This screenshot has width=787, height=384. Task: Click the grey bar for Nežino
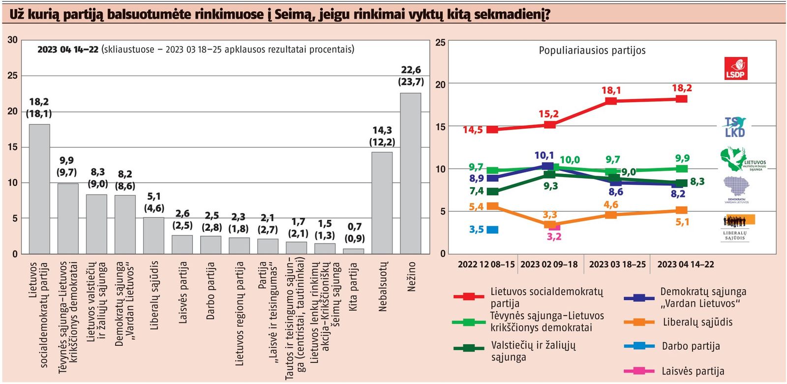[411, 173]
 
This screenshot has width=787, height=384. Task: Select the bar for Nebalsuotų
[382, 203]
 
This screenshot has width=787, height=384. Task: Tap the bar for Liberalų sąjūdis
[154, 236]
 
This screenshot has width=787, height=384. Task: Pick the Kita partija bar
[354, 251]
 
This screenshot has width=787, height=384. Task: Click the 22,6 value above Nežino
[411, 70]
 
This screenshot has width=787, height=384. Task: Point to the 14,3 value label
[382, 130]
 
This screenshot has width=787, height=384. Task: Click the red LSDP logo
[735, 68]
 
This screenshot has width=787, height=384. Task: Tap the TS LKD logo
[735, 127]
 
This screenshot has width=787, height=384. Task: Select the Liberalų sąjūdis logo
[735, 228]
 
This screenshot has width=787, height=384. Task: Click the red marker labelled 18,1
[611, 101]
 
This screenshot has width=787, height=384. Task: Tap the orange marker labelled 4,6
[611, 215]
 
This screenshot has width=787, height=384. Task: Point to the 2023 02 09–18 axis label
[549, 264]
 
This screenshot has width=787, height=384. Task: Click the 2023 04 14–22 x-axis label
[685, 264]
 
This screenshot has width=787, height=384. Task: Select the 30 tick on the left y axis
[13, 40]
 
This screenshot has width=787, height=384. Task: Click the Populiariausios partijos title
[592, 51]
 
